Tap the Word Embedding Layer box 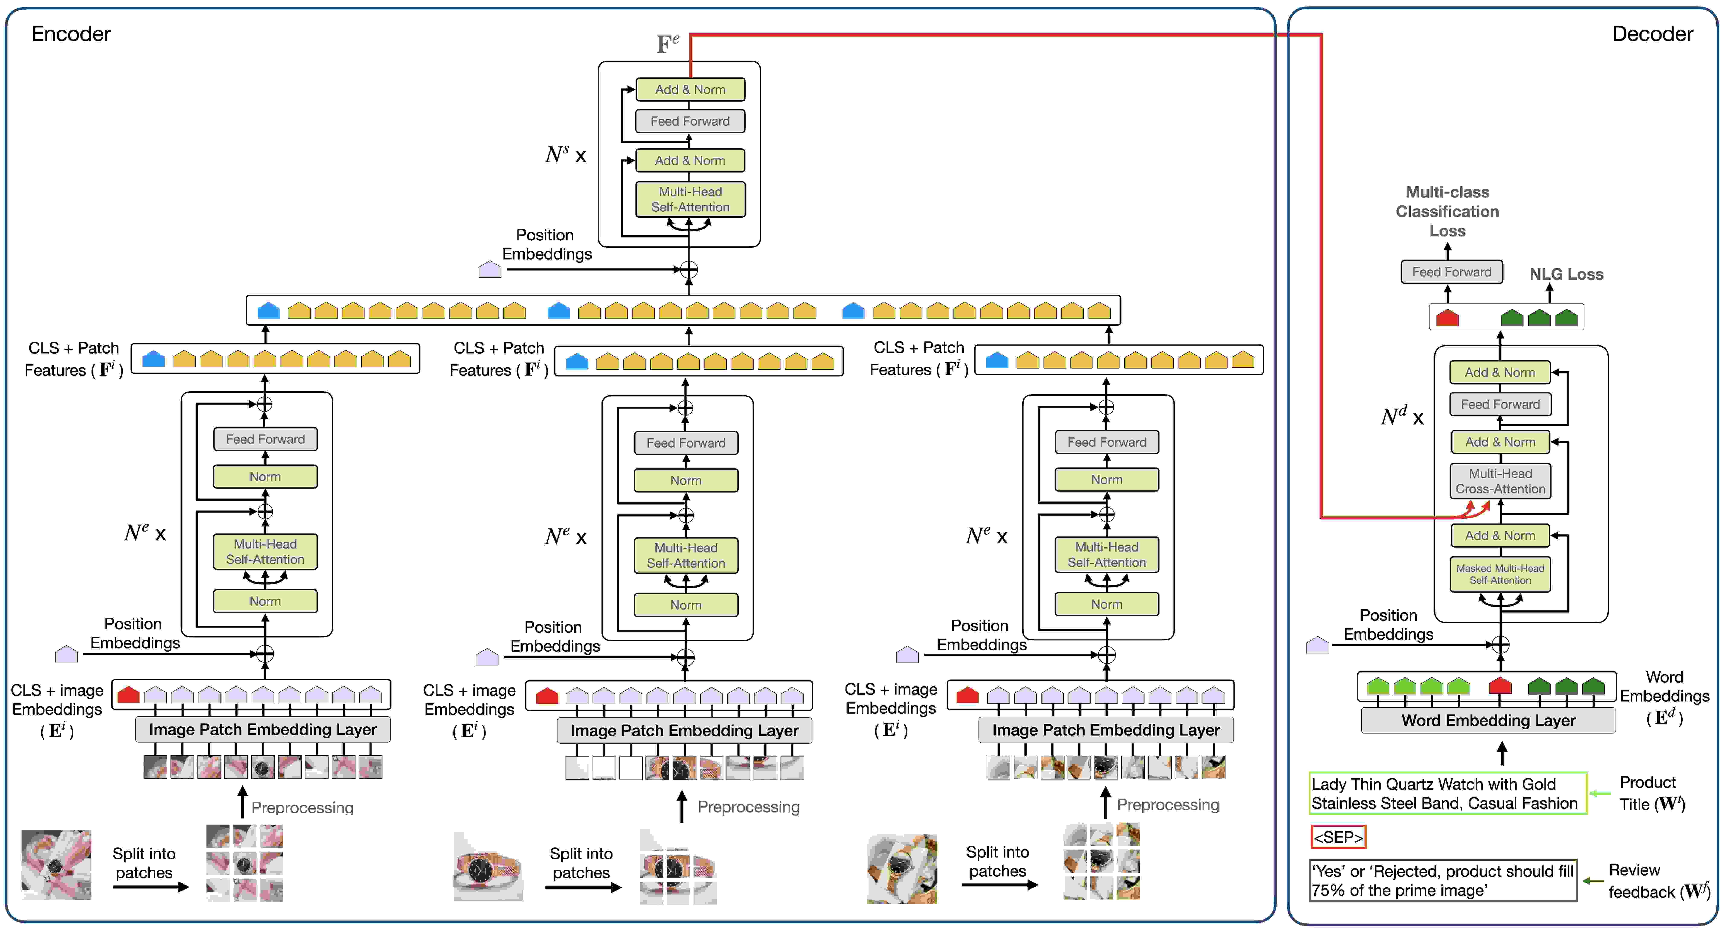pos(1488,720)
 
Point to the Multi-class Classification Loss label pos(1447,211)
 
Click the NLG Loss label pos(1566,274)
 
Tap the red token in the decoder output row pos(1447,318)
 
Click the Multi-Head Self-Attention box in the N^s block pos(690,199)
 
